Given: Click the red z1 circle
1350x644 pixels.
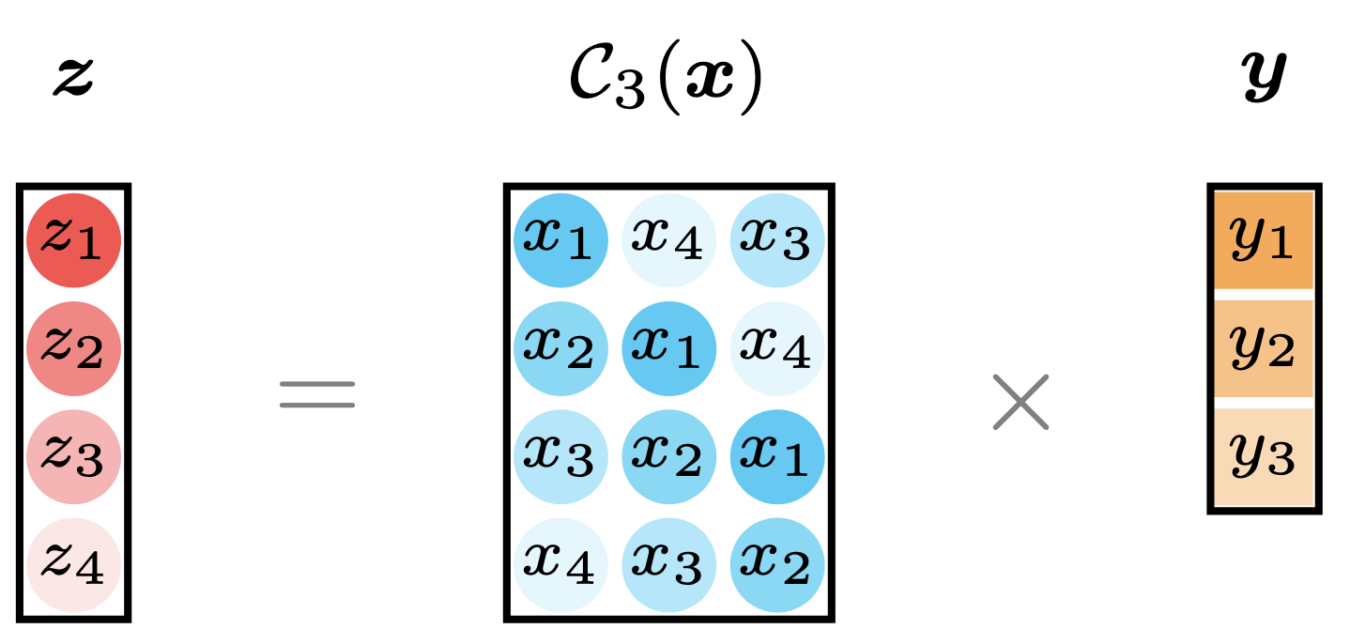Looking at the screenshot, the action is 73,240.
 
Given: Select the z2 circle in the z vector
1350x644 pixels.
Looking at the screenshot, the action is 73,349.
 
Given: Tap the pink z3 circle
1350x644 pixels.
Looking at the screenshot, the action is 73,457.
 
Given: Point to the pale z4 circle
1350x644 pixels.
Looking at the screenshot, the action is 73,565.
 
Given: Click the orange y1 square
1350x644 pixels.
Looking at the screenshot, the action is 1264,240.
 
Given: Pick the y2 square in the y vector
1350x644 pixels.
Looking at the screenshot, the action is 1264,349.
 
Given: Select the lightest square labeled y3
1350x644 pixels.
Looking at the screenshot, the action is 1264,457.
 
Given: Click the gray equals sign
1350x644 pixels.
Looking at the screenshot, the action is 317,394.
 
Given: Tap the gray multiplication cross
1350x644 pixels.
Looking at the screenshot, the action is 1020,402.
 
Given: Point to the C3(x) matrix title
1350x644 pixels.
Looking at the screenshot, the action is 666,77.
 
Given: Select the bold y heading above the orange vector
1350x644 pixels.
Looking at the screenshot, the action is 1264,77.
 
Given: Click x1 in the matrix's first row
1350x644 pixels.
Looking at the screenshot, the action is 560,240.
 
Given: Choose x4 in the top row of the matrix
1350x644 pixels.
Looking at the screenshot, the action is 669,240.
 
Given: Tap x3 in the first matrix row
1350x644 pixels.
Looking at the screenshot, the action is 777,240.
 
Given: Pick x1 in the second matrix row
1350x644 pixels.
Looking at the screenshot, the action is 669,349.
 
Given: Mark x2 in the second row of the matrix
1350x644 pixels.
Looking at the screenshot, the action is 560,349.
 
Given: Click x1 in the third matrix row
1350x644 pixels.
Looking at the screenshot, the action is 777,457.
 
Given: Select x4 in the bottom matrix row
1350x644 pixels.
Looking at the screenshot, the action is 560,565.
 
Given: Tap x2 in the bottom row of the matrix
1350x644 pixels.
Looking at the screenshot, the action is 777,565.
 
